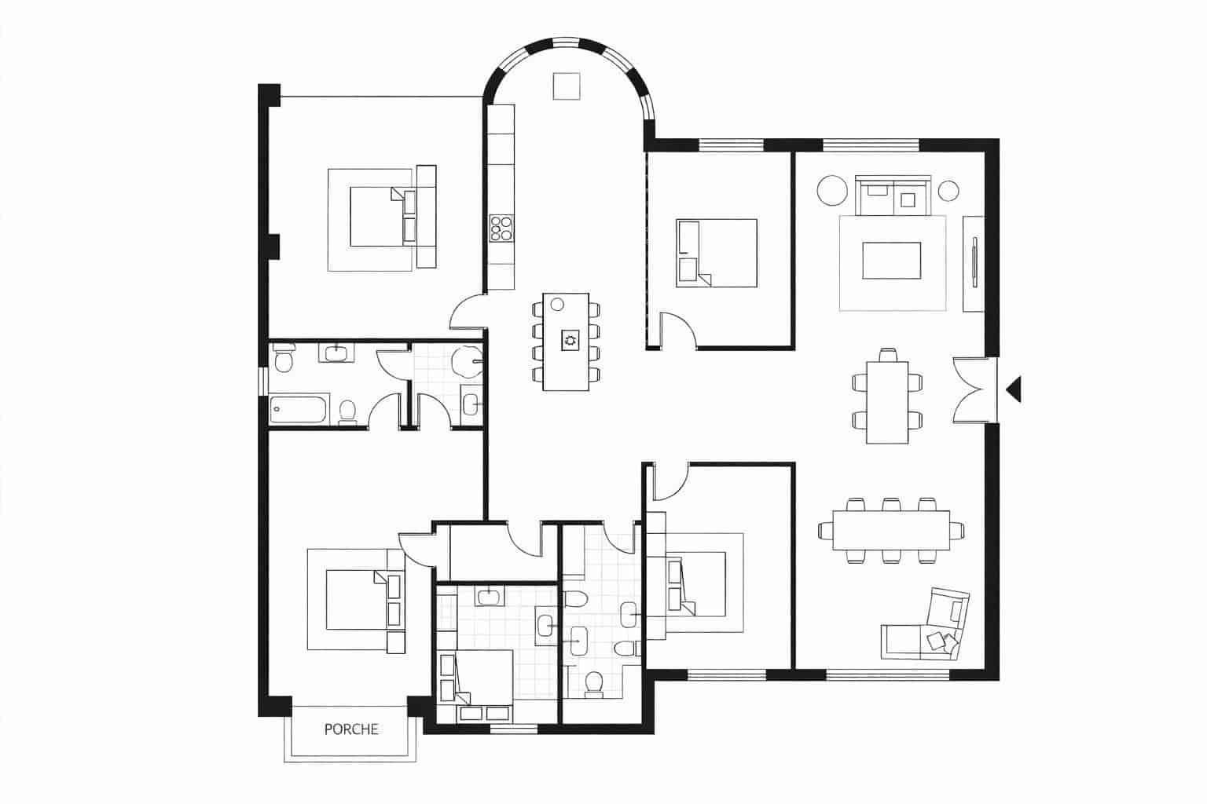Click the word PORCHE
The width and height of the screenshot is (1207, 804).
tap(351, 729)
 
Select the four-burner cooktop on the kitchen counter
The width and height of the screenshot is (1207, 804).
tap(501, 228)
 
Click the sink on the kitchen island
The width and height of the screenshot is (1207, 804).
tap(568, 340)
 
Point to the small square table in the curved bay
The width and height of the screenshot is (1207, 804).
tap(566, 86)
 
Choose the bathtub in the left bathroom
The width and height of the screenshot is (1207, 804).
tap(297, 409)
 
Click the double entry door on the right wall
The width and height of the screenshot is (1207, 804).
tap(974, 390)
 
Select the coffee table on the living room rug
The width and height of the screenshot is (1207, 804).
tap(891, 261)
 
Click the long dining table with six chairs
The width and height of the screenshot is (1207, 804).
tap(883, 532)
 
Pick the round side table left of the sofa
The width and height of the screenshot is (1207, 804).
tap(829, 190)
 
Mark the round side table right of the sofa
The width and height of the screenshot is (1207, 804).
tap(948, 191)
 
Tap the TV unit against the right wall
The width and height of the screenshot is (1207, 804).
tap(974, 263)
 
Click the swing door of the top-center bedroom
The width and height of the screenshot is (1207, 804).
tap(677, 330)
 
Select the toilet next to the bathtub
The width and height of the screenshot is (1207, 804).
tap(347, 411)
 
